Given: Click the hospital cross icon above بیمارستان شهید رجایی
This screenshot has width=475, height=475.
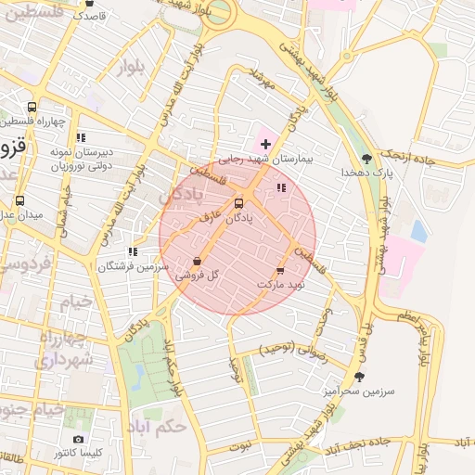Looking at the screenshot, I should click(266, 144).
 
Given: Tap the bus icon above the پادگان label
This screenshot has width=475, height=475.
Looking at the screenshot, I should click(239, 202).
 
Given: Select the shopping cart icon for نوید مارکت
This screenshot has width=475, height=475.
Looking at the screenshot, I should click(280, 270).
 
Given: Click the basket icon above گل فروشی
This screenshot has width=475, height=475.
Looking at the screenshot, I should click(197, 262).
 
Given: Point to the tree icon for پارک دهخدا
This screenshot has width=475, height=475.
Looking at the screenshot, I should click(366, 158).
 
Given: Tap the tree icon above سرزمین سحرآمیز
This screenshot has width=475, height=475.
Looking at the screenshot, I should click(359, 376).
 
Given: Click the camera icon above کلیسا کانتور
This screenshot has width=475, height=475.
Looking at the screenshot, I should click(78, 439).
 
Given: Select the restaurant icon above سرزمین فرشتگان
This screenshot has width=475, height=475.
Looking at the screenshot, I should click(134, 250).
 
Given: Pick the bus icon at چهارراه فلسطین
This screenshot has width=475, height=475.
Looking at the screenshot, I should click(33, 107).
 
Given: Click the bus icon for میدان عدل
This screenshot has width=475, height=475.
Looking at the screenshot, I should click(20, 199).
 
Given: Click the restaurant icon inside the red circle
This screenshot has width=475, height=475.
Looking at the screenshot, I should click(281, 188).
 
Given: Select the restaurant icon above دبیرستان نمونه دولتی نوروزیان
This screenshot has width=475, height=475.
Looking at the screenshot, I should click(81, 137).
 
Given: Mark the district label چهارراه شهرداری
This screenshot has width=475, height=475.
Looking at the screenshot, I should click(64, 349).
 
